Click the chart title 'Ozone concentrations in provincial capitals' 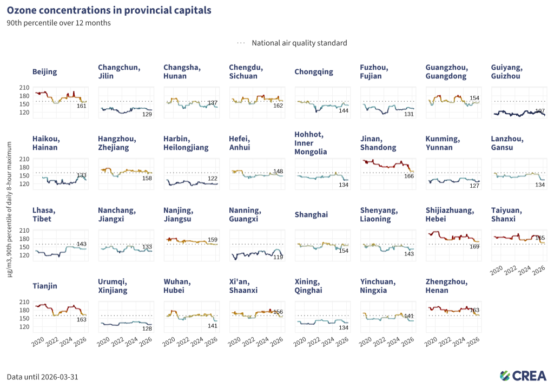109,10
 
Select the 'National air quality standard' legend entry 299,43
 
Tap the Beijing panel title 44,71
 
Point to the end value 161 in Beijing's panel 82,106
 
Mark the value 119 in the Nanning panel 278,257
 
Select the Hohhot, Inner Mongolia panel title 311,143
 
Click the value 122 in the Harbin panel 213,179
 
